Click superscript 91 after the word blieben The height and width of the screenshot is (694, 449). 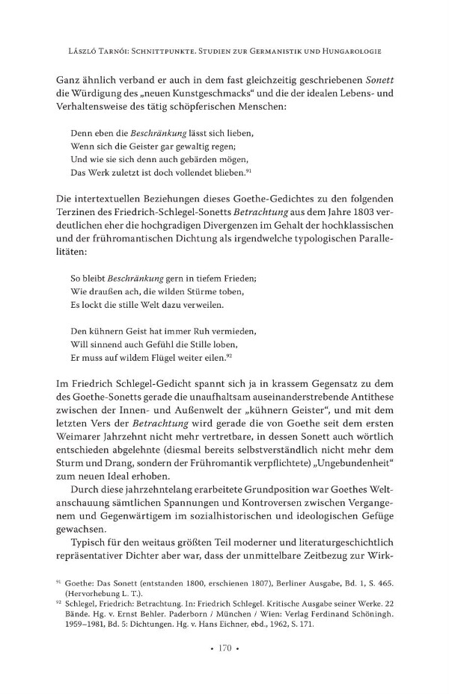pyautogui.click(x=260, y=172)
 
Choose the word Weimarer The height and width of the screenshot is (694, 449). pyautogui.click(x=82, y=435)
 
